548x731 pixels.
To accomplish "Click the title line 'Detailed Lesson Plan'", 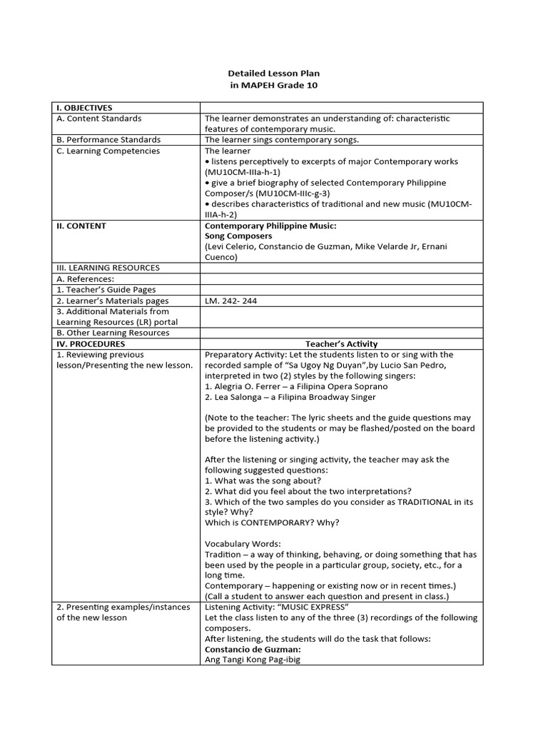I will [x=274, y=74].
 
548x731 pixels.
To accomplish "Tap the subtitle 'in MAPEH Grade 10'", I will [x=274, y=86].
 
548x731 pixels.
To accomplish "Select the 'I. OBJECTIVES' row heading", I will [x=84, y=108].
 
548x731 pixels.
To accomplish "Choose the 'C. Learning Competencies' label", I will [x=108, y=151].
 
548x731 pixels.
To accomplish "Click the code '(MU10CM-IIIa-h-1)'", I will [x=242, y=172].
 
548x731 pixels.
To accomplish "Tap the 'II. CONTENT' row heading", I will [x=81, y=226].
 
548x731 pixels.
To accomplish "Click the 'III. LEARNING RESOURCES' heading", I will [x=108, y=268].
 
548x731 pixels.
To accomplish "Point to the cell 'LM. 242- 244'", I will [x=230, y=301].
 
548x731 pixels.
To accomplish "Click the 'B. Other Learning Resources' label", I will [x=113, y=333].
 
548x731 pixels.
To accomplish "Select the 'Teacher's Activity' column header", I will [x=342, y=344].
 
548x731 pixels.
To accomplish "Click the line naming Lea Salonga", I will [x=290, y=397].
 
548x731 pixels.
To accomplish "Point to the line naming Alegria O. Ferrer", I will [x=296, y=386].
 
